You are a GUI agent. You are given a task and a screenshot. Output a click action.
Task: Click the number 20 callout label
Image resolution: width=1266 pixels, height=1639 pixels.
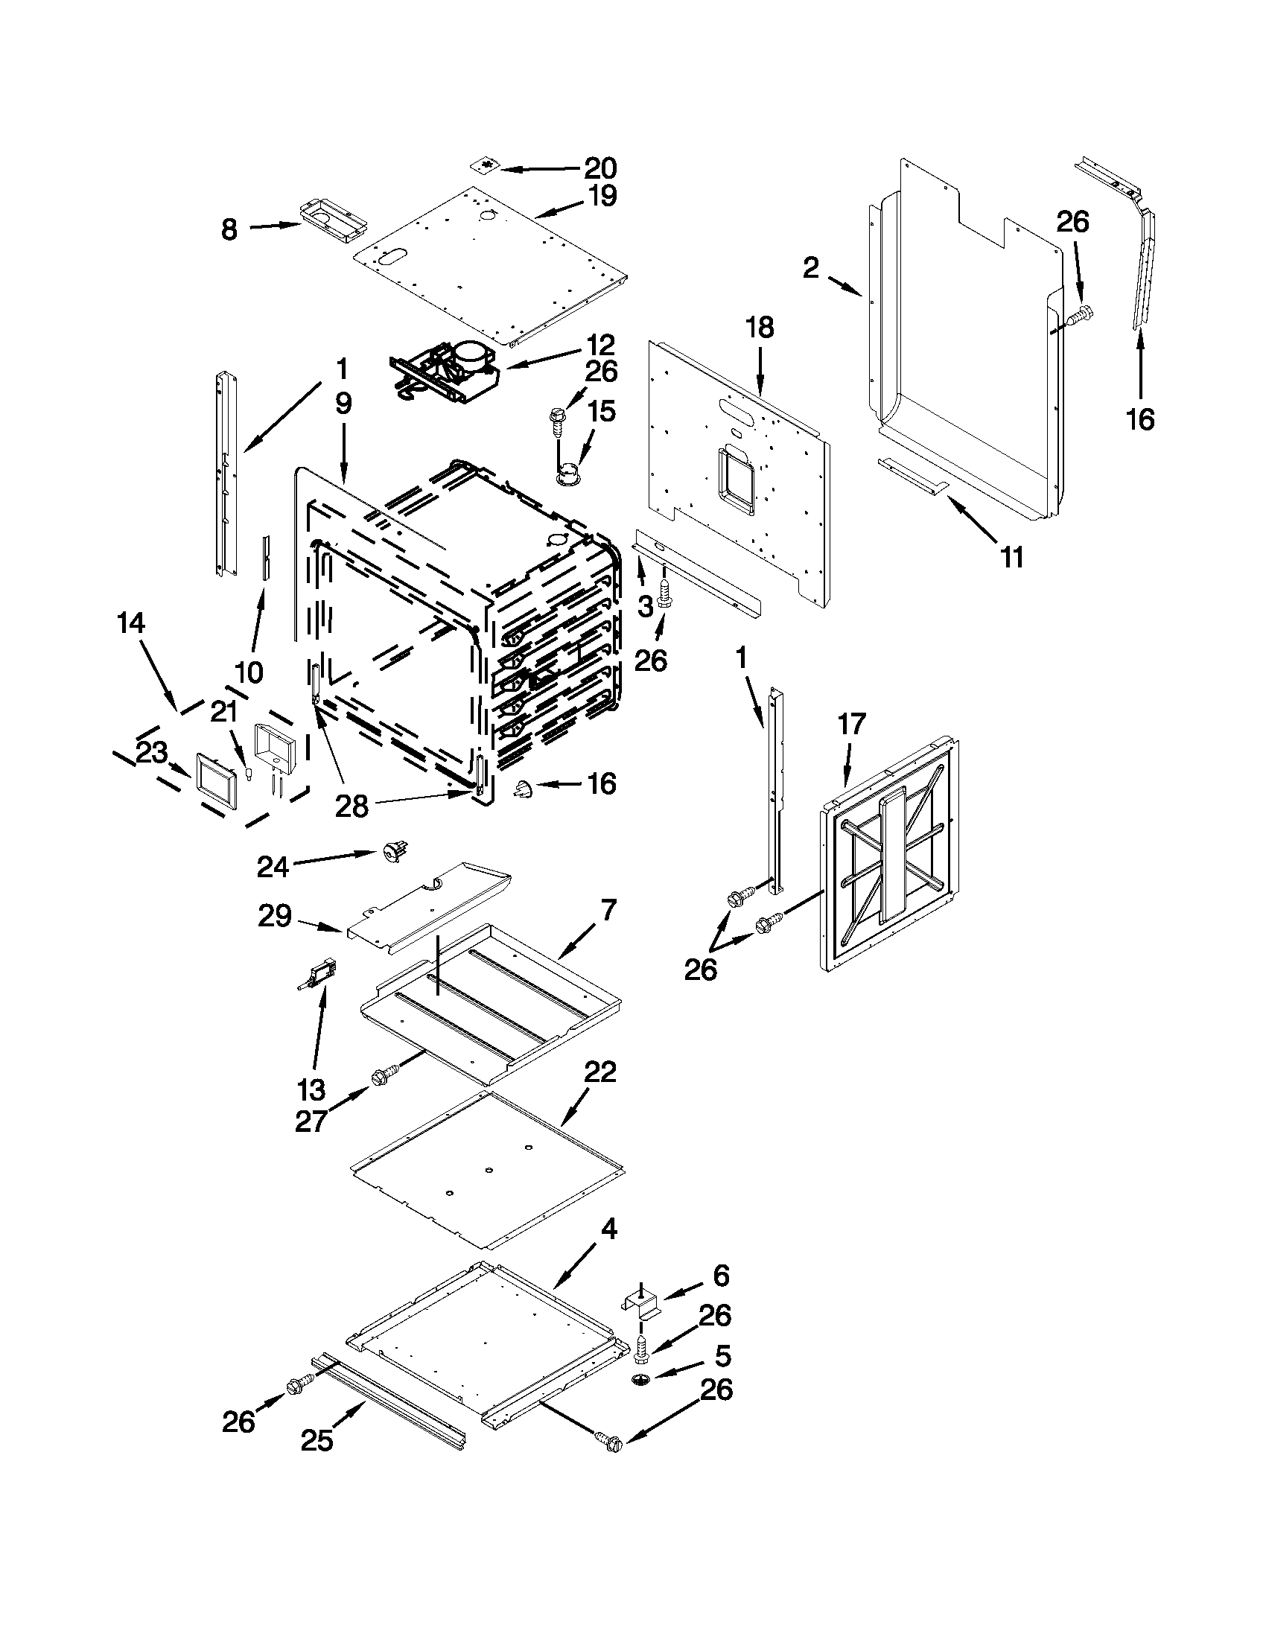click(599, 168)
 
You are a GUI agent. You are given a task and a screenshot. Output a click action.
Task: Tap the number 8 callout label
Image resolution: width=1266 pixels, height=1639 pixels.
click(229, 229)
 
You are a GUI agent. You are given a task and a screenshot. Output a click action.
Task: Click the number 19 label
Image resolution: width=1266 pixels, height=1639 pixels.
click(601, 196)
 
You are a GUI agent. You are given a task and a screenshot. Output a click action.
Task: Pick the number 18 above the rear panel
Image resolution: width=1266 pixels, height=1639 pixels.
click(760, 328)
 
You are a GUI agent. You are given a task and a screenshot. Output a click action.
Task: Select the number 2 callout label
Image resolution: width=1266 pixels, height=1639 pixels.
click(810, 268)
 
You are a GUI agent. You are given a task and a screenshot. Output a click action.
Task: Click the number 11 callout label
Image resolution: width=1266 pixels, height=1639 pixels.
click(1012, 558)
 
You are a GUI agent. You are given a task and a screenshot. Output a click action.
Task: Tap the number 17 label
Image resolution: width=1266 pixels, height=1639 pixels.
click(851, 725)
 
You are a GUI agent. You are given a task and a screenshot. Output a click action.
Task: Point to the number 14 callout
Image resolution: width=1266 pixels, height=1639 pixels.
click(131, 623)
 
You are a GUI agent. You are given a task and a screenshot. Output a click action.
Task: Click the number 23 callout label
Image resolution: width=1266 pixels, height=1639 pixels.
click(152, 753)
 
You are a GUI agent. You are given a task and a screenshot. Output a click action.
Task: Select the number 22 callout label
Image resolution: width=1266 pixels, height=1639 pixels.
click(600, 1072)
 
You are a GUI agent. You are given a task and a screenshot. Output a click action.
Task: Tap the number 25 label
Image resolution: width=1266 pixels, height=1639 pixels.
click(316, 1441)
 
